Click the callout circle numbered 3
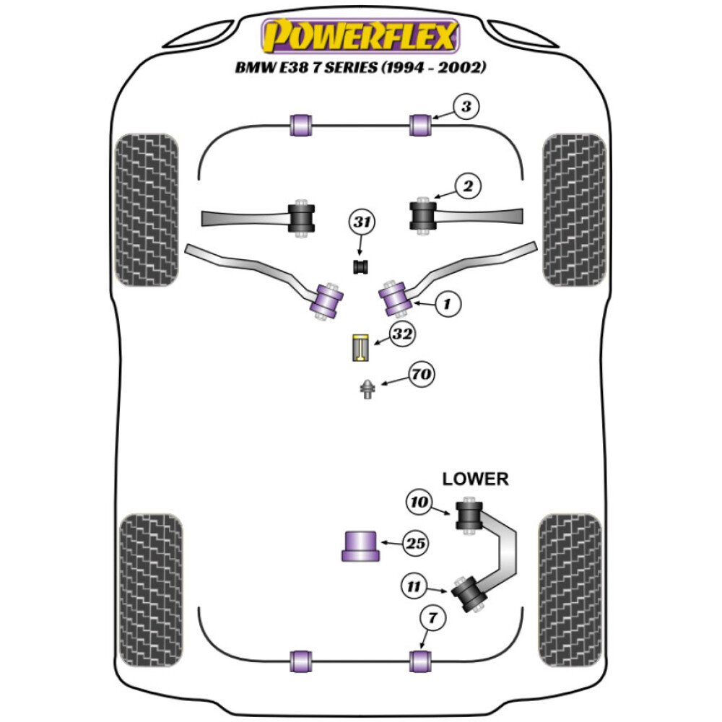[466, 108]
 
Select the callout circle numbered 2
[468, 187]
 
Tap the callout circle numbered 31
[362, 224]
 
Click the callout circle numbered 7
[432, 619]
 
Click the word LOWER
[475, 478]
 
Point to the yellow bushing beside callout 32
[360, 348]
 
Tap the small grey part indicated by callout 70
[367, 390]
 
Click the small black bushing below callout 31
[360, 266]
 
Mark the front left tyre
[147, 209]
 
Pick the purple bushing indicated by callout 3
[420, 124]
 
